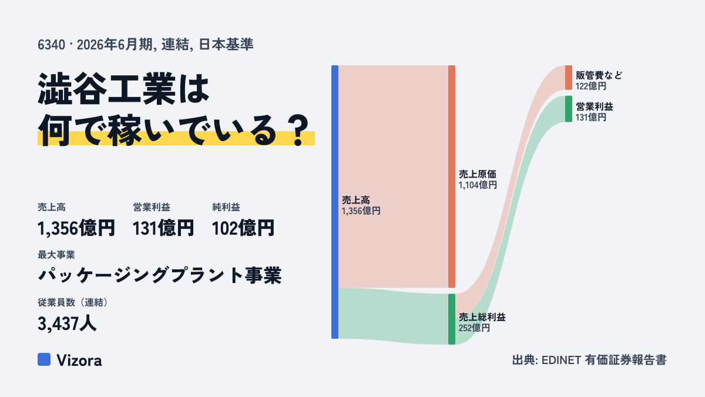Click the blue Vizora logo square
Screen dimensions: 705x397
pos(44,359)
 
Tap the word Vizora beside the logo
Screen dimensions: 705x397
pos(79,361)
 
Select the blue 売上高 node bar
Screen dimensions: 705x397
pos(335,202)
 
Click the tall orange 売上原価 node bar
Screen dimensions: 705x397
pos(452,176)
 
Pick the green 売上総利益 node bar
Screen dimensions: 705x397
pos(452,319)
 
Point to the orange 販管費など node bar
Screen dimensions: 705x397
pos(569,78)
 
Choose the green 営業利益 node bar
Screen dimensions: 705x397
pos(569,109)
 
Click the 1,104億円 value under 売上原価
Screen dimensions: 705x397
pos(478,185)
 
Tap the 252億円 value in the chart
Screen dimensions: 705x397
pos(474,328)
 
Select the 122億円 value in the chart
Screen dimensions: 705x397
pos(591,86)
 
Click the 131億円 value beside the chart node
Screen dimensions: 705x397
pos(591,117)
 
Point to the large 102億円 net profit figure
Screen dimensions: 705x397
pos(243,228)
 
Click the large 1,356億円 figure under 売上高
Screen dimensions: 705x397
pos(76,228)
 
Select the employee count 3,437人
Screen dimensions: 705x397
pos(67,323)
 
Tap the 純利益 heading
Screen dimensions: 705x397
pos(226,207)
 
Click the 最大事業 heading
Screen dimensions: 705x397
pos(56,255)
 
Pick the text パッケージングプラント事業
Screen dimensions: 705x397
pos(160,275)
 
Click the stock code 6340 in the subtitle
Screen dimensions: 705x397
pos(51,45)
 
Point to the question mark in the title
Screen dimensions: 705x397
pos(298,130)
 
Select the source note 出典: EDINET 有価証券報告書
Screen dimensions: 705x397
pos(589,360)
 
